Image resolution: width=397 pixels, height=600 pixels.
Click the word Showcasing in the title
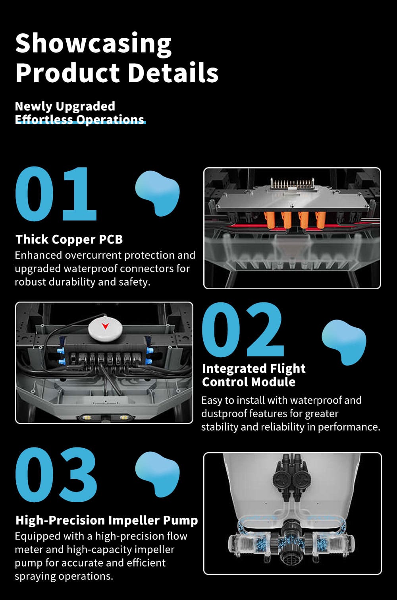coord(93,44)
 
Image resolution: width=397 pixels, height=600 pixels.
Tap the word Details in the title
coord(173,73)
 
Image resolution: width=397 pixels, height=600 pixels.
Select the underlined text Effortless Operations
coord(79,120)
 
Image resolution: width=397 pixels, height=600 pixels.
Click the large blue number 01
coord(56,194)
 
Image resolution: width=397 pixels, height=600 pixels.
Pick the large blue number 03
coord(56,475)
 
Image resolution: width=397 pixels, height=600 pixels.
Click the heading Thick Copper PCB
coord(69,239)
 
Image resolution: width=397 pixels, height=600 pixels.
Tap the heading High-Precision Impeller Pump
coord(106,520)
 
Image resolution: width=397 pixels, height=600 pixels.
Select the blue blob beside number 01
coord(157,193)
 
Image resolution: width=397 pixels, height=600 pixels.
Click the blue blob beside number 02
coord(344,342)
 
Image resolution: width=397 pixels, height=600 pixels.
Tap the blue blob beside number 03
coord(157,474)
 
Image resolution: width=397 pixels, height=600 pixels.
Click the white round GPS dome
coord(105,329)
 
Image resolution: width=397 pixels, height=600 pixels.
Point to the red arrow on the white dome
coord(105,326)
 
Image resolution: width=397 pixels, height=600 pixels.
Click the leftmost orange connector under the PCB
coord(270,220)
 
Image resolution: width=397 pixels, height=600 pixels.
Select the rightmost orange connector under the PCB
coord(320,220)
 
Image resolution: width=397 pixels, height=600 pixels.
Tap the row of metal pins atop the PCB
coord(292,183)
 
